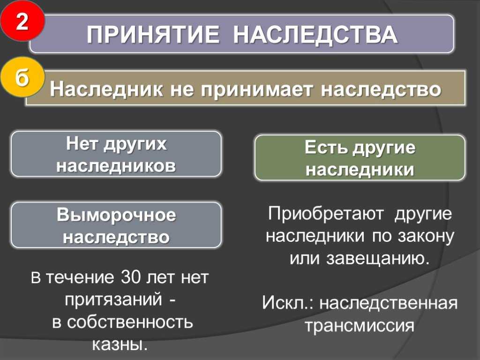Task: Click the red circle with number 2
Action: [22, 22]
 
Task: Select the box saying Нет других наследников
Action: [116, 154]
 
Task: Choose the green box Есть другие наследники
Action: [360, 158]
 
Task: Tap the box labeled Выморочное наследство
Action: [116, 225]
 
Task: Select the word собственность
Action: [135, 322]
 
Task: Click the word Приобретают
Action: [326, 214]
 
